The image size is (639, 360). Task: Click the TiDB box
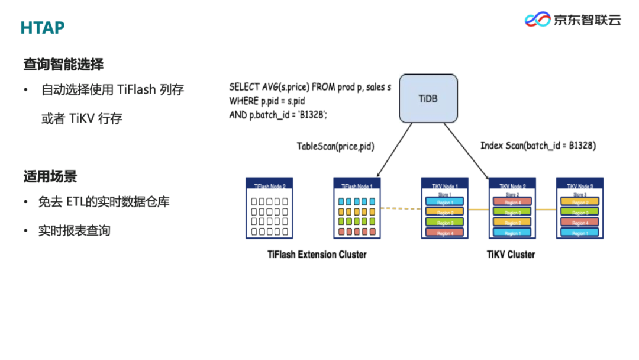point(428,98)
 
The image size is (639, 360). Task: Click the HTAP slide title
point(42,28)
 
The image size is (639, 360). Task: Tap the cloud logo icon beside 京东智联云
point(537,20)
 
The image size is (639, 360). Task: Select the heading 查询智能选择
point(63,64)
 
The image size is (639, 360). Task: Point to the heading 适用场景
point(50,176)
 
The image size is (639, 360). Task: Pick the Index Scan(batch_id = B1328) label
point(538,146)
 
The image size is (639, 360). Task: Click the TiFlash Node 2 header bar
point(270,185)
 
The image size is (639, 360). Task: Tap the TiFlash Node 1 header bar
point(357,185)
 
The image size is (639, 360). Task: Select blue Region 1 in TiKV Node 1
point(445,202)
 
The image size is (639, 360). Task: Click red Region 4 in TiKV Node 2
point(512,202)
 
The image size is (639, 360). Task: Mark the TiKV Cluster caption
point(511,255)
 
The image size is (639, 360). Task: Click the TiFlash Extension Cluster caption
point(317,255)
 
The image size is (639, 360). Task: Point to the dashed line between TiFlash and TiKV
point(400,208)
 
